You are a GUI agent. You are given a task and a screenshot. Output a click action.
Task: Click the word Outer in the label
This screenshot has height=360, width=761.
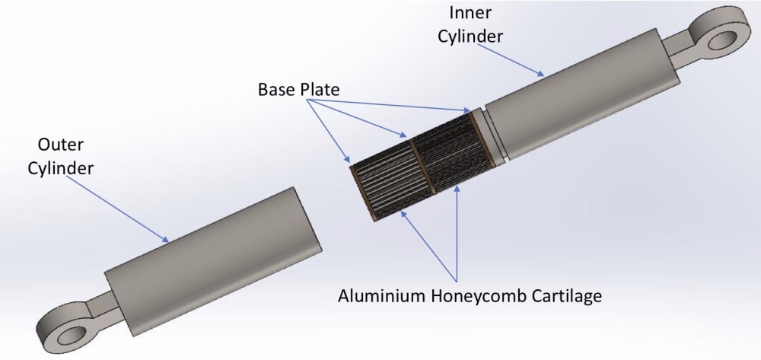(x=59, y=145)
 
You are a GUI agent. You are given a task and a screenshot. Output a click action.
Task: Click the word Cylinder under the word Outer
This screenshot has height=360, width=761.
(x=60, y=168)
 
